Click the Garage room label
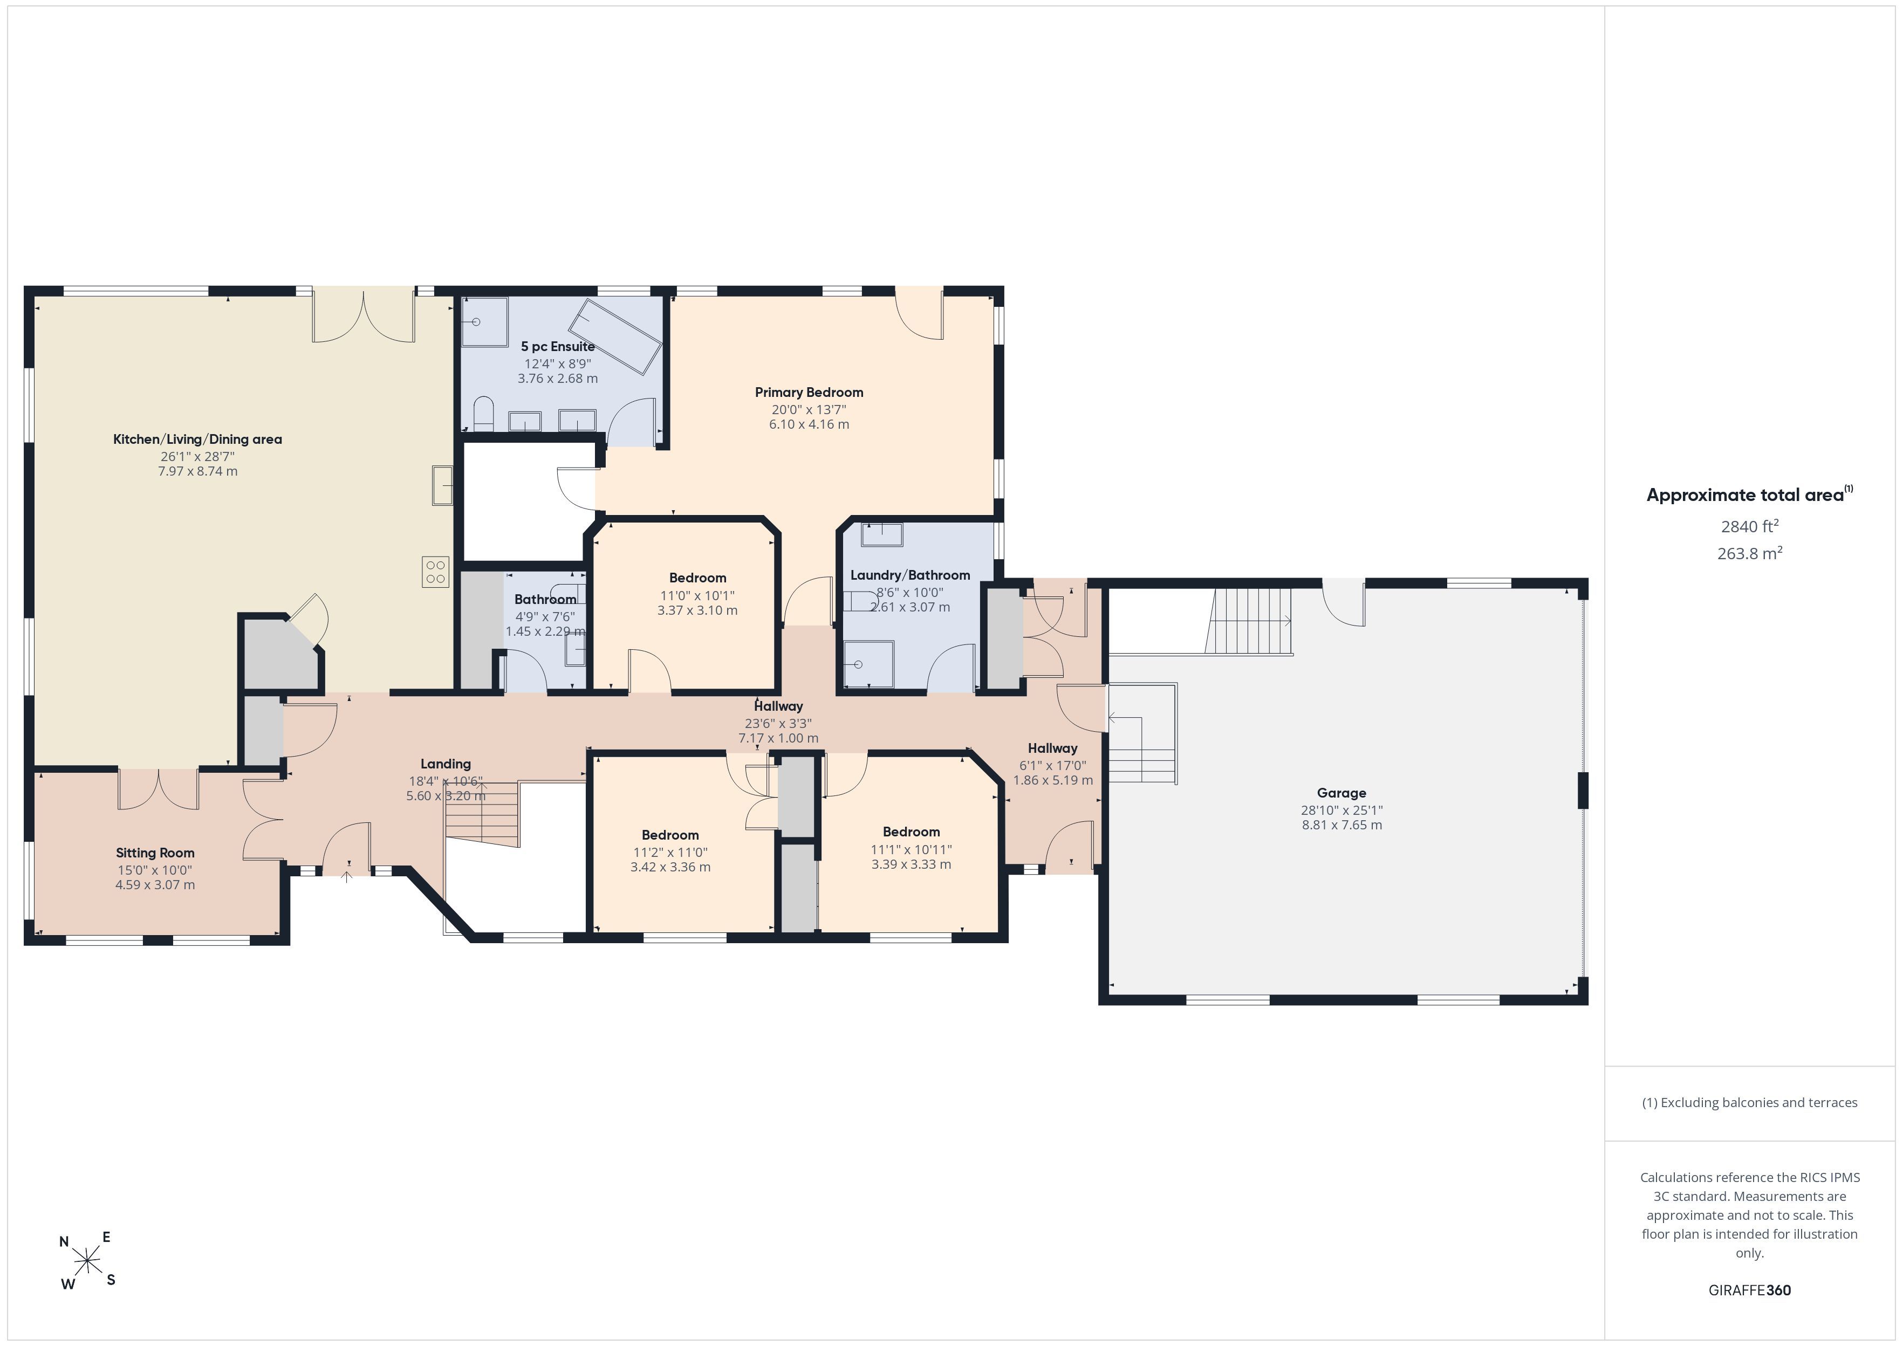1341,793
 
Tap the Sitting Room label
155,853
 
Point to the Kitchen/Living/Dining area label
197,439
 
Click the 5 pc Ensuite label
558,346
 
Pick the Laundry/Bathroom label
910,575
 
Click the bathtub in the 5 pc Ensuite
619,335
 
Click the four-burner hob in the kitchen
435,571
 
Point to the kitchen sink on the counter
442,485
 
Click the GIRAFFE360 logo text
1750,1289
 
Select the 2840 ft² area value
1750,526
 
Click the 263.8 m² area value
1750,553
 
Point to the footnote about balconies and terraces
1750,1102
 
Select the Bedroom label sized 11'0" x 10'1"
698,578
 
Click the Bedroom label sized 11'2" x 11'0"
670,835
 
